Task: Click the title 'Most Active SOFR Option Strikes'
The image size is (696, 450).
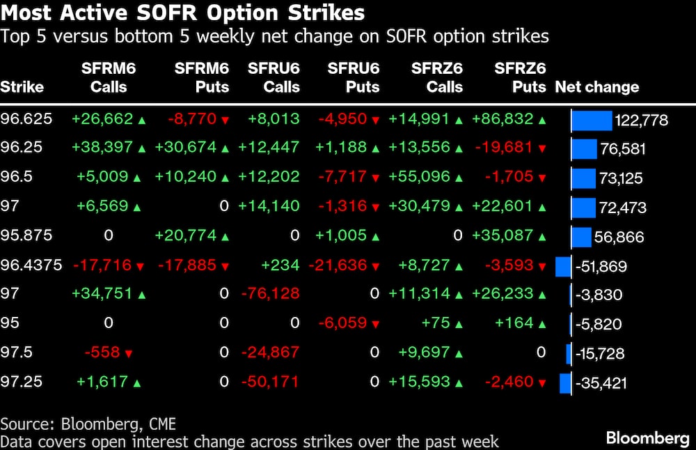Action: (x=182, y=13)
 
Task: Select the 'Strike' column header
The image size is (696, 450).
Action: (x=22, y=88)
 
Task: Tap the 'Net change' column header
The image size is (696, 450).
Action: (x=596, y=88)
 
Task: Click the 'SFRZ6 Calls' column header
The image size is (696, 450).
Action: (x=436, y=78)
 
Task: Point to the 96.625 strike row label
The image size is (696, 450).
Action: (x=26, y=119)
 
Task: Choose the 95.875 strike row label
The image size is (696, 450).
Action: (x=26, y=236)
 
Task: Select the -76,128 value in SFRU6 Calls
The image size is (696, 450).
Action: (x=270, y=295)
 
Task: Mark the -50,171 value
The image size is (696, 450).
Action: (x=270, y=382)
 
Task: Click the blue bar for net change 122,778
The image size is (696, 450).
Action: (x=592, y=121)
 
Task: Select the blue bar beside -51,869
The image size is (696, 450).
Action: (x=563, y=266)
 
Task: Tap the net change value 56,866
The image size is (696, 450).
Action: (x=619, y=238)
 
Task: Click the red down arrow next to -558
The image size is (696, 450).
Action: (x=128, y=354)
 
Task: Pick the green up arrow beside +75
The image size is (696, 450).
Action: (x=459, y=324)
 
